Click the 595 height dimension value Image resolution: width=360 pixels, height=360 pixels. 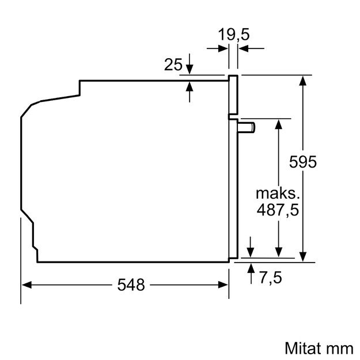303,162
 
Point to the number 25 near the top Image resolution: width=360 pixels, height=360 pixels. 173,65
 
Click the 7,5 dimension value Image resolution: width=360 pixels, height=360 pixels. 270,279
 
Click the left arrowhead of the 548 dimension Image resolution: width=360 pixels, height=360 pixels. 26,284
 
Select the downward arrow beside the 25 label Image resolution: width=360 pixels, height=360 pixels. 190,70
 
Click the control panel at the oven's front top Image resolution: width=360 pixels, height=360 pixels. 233,95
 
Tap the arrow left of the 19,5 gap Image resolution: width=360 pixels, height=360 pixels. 223,49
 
